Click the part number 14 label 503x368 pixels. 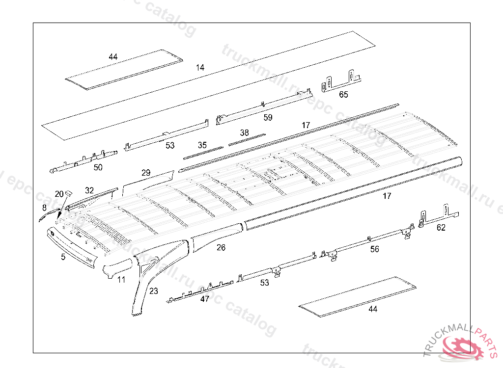click(199, 67)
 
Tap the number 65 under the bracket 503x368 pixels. click(343, 95)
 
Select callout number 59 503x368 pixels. click(268, 118)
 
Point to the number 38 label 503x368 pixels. click(244, 133)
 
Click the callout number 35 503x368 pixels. click(202, 145)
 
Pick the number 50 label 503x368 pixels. click(98, 167)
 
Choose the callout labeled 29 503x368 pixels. click(146, 173)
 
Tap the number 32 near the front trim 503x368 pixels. click(89, 190)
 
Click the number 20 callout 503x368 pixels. click(59, 194)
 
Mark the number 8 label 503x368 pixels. click(44, 208)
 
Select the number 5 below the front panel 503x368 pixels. click(63, 257)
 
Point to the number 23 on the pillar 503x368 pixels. click(154, 291)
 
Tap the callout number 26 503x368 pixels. click(221, 248)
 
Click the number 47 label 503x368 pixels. click(204, 299)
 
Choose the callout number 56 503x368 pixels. click(375, 249)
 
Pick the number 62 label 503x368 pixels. click(441, 227)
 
